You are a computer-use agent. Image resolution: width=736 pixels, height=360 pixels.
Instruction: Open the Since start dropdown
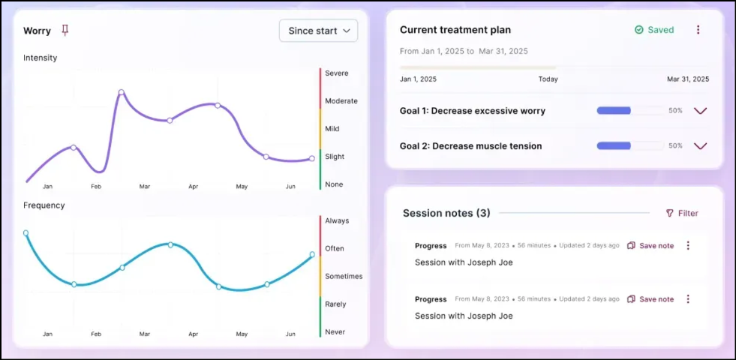[318, 31]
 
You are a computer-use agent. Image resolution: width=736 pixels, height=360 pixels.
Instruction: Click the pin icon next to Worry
[65, 30]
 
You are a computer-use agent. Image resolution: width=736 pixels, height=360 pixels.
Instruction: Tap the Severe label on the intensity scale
[336, 73]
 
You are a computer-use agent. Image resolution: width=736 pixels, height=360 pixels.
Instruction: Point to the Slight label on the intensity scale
[335, 157]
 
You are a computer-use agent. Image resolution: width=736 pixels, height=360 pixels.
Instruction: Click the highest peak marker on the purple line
[121, 92]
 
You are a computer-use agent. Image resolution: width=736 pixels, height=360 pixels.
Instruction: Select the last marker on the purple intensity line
[312, 158]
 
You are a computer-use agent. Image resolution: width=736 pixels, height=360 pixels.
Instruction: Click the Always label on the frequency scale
[337, 221]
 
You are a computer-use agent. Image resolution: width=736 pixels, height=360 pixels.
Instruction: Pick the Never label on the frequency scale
[335, 331]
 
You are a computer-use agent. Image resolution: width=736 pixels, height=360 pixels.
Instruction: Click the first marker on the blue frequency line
[26, 232]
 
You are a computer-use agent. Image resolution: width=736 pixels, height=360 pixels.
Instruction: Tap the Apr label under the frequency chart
[194, 334]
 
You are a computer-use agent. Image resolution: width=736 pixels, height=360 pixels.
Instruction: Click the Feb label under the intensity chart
[96, 186]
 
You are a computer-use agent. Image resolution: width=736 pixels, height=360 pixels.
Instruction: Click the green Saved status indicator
[653, 30]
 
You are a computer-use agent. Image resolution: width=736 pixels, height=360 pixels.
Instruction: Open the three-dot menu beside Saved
[698, 30]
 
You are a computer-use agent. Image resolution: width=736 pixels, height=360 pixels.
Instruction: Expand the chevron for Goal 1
[700, 111]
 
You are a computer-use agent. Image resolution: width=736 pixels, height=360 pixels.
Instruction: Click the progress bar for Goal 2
[629, 146]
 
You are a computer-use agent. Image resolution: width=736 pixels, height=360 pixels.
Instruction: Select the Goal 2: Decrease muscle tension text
[470, 146]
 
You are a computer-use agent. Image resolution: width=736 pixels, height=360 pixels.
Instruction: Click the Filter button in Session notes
[682, 214]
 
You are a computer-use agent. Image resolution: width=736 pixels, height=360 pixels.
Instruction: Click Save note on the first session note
[650, 246]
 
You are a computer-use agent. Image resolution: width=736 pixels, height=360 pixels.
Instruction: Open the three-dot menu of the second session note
[688, 299]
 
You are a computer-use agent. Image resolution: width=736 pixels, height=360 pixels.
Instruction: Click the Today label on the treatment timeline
[548, 79]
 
